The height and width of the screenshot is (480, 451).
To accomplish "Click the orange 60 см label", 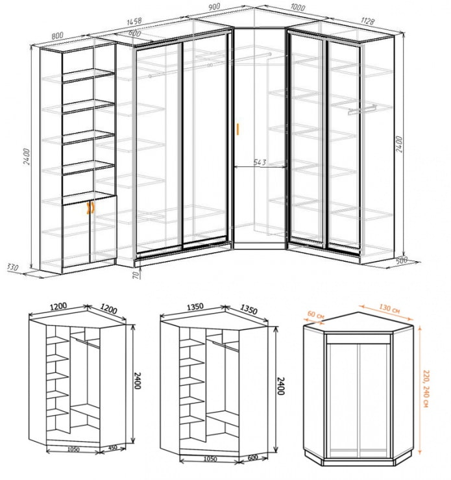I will click(316, 315).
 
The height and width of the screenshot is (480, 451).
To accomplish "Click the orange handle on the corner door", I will click(238, 128).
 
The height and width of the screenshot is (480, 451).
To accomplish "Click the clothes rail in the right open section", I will click(362, 109).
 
